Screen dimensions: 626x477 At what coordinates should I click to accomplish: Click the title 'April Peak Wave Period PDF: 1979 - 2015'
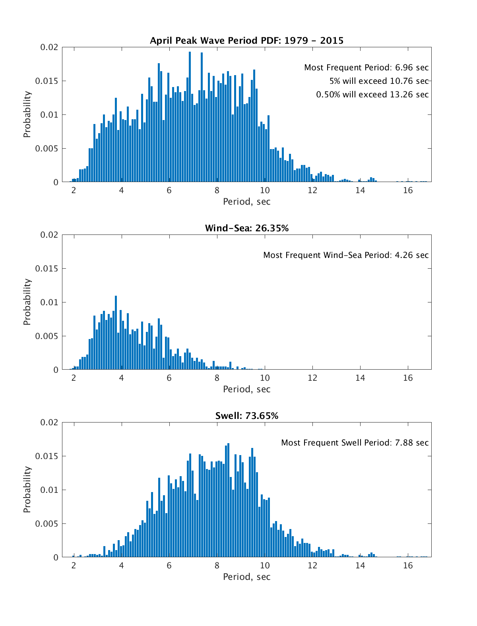point(246,41)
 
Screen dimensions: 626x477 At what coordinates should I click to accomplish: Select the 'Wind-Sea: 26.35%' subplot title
point(246,228)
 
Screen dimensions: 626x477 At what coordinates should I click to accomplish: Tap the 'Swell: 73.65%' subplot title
point(246,416)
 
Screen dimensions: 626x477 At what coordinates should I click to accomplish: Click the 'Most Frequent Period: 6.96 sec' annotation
point(366,68)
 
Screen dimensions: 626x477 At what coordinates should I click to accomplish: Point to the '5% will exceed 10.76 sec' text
point(379,81)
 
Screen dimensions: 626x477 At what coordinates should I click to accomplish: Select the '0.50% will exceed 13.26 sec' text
point(372,95)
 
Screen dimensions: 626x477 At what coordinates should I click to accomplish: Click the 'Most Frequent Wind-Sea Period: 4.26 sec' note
point(346,255)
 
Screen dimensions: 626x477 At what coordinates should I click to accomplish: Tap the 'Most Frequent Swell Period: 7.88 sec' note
point(355,443)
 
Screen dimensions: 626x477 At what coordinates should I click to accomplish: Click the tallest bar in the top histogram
point(190,119)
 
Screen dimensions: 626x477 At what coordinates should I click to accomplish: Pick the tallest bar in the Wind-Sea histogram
point(116,334)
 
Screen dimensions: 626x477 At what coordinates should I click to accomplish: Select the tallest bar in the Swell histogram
point(228,501)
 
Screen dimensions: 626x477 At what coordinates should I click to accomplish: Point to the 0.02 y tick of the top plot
point(49,47)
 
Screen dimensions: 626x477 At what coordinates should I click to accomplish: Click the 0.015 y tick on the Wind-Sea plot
point(47,269)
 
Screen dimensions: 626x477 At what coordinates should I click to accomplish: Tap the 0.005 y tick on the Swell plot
point(47,524)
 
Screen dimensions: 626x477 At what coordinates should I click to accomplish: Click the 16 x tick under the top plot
point(408,190)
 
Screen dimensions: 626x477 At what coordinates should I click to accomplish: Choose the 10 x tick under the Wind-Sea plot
point(265,378)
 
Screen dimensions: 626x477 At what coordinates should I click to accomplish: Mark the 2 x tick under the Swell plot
point(74,565)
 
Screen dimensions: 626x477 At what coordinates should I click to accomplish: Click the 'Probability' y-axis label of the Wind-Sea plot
point(27,302)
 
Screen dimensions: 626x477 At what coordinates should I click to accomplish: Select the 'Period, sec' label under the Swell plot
point(246,577)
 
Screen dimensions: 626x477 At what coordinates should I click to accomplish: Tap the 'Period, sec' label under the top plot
point(246,202)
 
